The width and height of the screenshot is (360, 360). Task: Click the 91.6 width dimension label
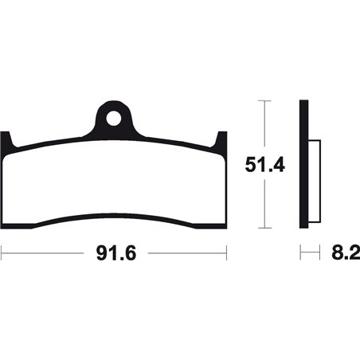[x=116, y=253]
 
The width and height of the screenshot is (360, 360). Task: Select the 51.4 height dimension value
[x=264, y=165]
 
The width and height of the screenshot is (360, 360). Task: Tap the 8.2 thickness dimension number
[x=346, y=253]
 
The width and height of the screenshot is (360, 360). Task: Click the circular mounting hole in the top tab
[x=114, y=118]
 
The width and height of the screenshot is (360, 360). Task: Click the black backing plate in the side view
[x=303, y=164]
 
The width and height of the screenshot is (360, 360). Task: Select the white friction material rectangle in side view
[x=315, y=182]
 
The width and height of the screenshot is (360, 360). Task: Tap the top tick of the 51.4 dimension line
[x=264, y=101]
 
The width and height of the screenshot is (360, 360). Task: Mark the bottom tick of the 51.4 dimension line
[x=264, y=228]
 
